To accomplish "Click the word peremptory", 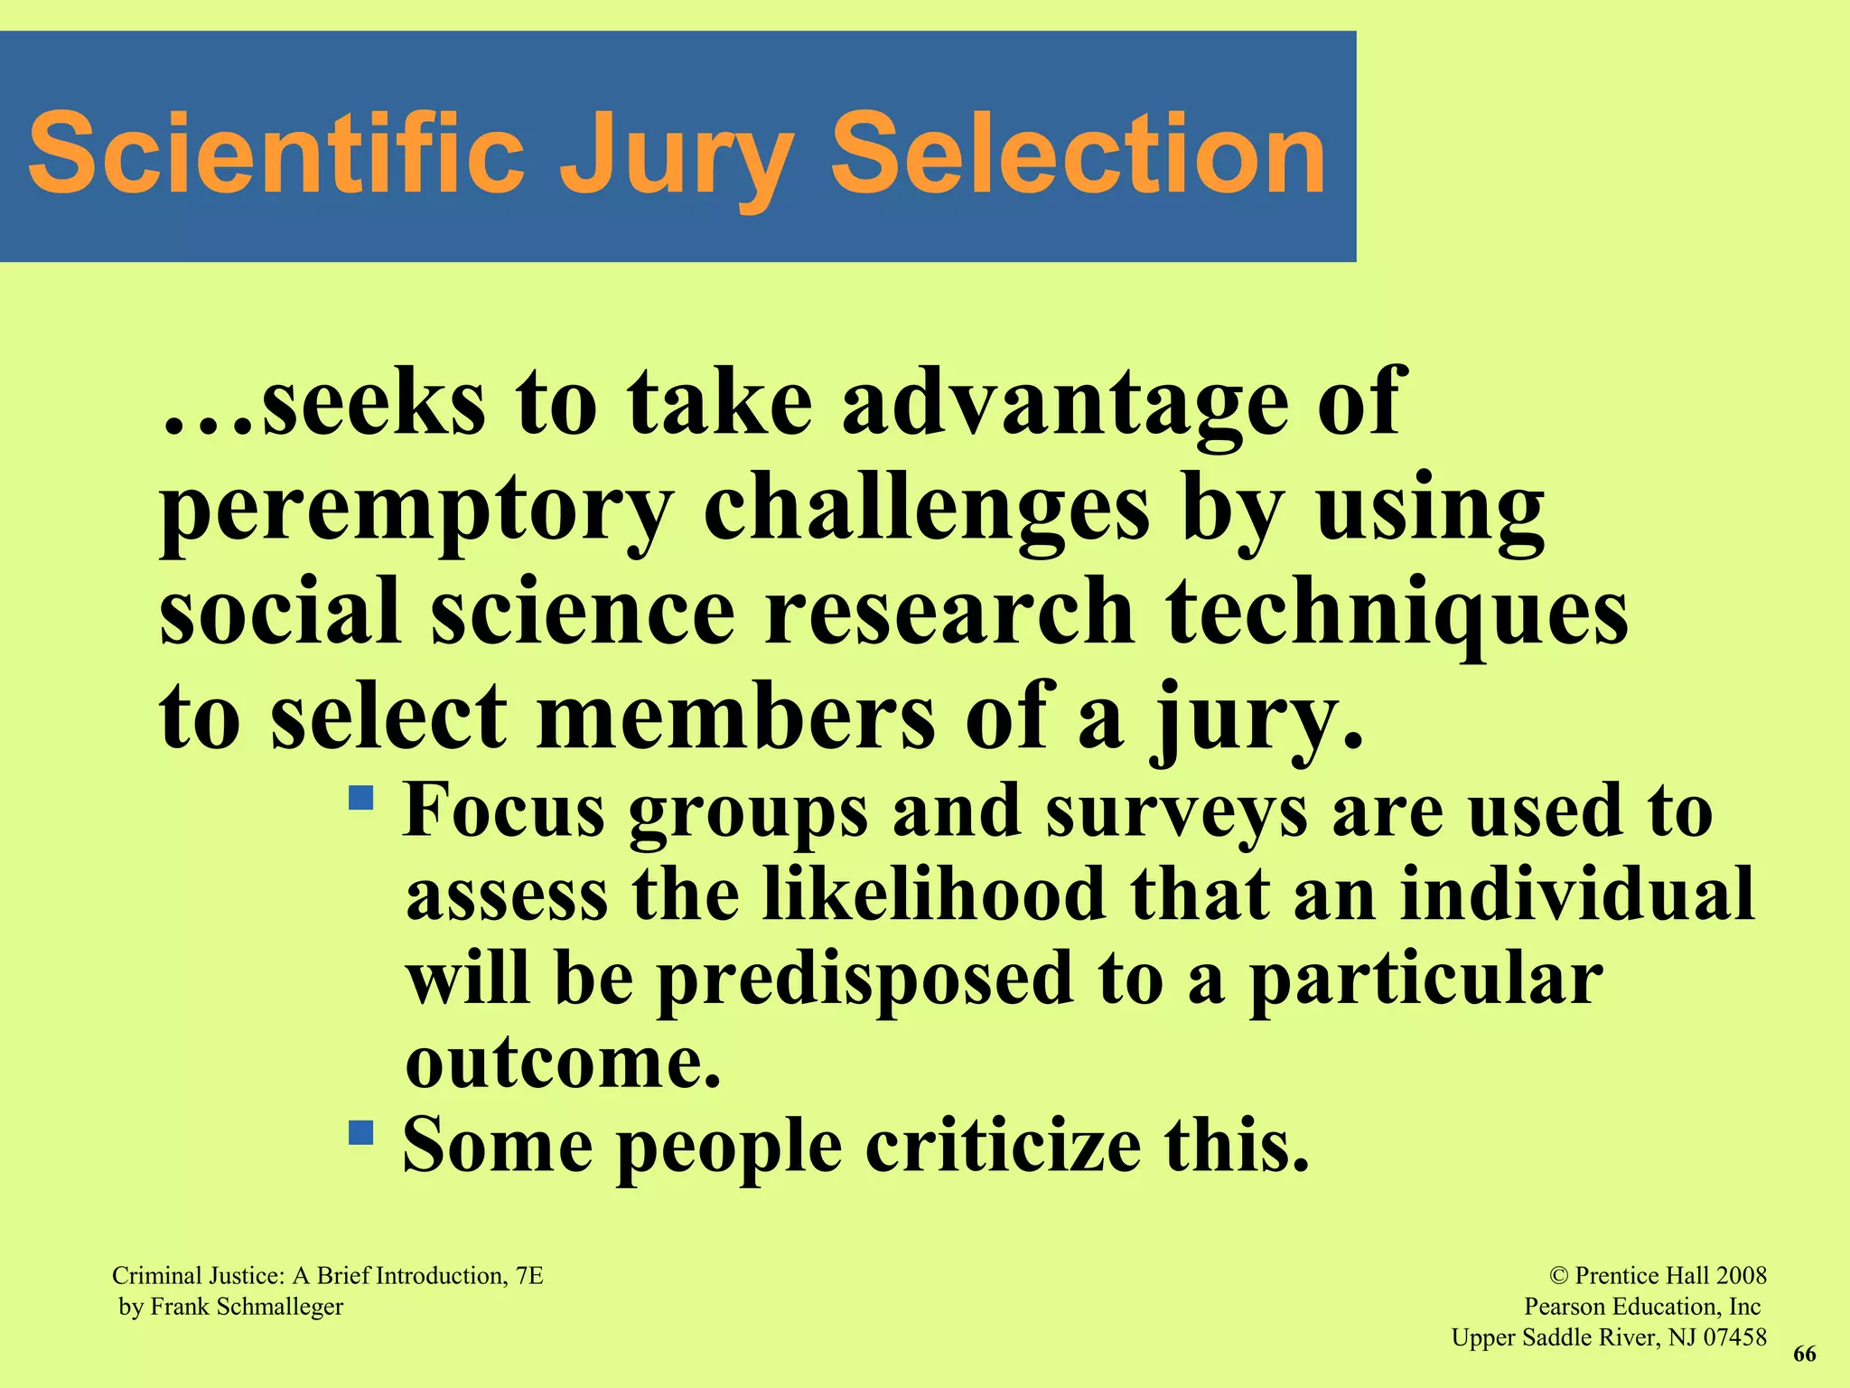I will tap(416, 511).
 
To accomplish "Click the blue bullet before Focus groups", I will tap(361, 798).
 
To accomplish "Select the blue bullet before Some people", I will tap(361, 1132).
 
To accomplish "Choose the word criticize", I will tap(1003, 1146).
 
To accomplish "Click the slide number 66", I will tap(1804, 1354).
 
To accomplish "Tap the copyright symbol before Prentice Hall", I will tap(1559, 1276).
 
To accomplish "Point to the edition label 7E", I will tap(529, 1276).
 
